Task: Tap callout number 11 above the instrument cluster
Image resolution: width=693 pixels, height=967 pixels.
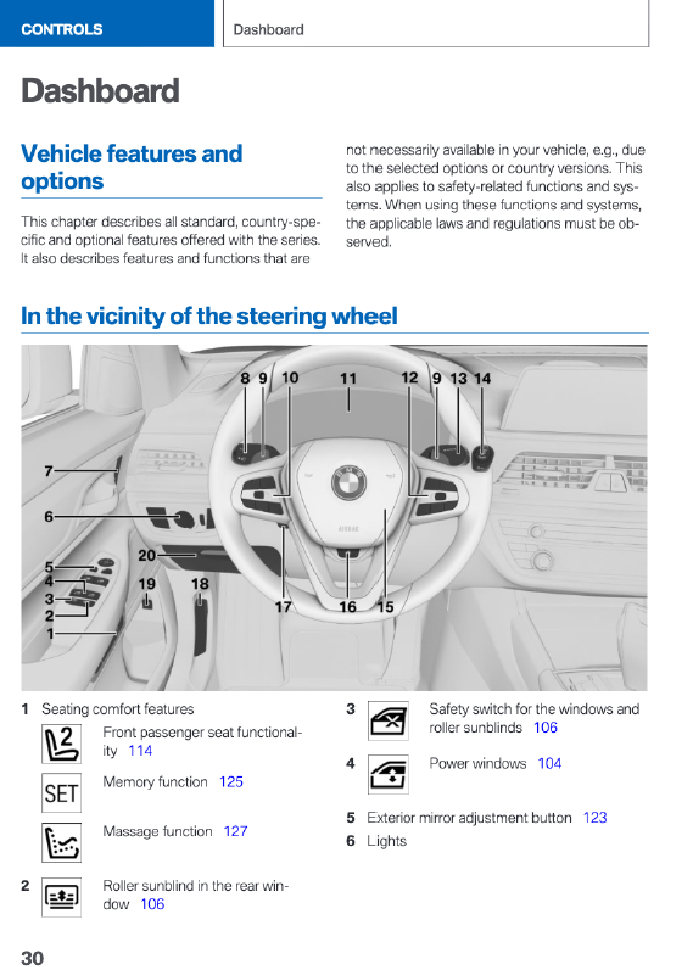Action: click(x=348, y=379)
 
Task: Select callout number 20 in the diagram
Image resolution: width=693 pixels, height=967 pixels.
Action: click(x=147, y=555)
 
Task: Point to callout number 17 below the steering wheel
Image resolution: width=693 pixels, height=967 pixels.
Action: click(x=283, y=607)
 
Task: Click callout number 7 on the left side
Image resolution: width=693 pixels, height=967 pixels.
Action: click(x=49, y=471)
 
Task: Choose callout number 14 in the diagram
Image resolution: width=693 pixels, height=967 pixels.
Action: click(x=482, y=379)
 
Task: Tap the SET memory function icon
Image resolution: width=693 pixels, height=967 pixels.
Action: click(x=62, y=793)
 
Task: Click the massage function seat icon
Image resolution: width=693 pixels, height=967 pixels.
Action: click(x=62, y=842)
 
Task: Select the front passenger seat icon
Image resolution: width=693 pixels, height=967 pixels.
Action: click(x=62, y=744)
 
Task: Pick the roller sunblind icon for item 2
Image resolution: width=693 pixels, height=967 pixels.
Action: click(x=62, y=897)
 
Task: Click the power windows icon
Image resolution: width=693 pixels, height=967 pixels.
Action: click(x=388, y=774)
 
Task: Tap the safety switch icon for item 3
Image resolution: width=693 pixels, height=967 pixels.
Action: click(x=388, y=720)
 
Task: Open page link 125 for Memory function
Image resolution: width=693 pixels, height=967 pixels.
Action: click(x=231, y=782)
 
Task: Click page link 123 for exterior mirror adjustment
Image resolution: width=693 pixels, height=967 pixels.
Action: click(x=594, y=817)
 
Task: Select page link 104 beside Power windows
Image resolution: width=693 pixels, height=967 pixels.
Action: click(x=549, y=764)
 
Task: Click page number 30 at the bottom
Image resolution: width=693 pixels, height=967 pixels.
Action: click(x=32, y=958)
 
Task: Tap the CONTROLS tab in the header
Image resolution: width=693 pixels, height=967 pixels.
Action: click(x=62, y=29)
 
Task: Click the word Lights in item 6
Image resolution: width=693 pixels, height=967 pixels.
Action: click(x=386, y=841)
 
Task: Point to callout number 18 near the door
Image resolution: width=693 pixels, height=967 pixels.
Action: click(x=200, y=584)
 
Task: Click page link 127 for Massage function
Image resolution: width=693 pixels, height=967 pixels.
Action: click(x=235, y=831)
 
